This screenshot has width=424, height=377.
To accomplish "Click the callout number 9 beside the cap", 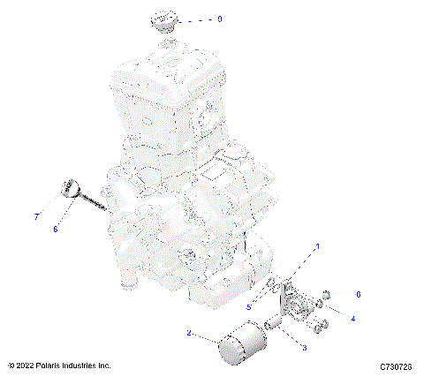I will pyautogui.click(x=220, y=19).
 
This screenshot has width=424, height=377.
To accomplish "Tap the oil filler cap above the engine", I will pyautogui.click(x=164, y=21).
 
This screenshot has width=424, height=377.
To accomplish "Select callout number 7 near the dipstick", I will pyautogui.click(x=36, y=215).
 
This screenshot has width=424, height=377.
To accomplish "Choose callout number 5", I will pyautogui.click(x=250, y=306).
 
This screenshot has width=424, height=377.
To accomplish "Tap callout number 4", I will pyautogui.click(x=353, y=318).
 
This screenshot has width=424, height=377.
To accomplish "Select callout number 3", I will pyautogui.click(x=306, y=348).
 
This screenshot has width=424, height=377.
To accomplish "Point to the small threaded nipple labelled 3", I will pyautogui.click(x=274, y=329).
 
